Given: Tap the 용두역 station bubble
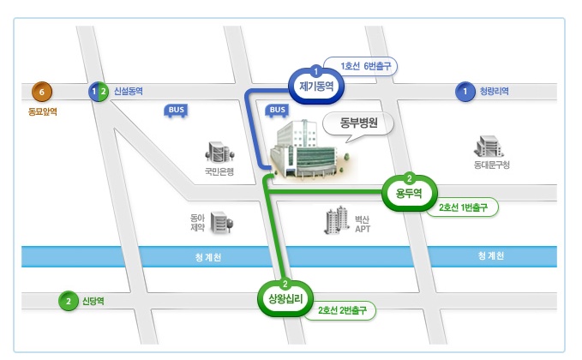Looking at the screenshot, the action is click(409, 192).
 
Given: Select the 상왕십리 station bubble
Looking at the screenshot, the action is click(285, 298).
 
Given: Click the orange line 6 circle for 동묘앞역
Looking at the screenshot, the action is click(39, 91).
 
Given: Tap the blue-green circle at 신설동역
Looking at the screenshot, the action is click(99, 91).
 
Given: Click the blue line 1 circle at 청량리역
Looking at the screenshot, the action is click(465, 91).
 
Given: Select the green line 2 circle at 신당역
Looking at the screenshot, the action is click(68, 301).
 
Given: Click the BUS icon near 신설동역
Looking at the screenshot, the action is click(176, 110).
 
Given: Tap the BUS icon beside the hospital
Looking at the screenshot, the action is click(277, 110).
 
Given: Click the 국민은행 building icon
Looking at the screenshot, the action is click(219, 152).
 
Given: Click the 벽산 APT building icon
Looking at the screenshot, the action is click(335, 220).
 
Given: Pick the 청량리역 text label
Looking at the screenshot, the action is click(495, 91).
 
